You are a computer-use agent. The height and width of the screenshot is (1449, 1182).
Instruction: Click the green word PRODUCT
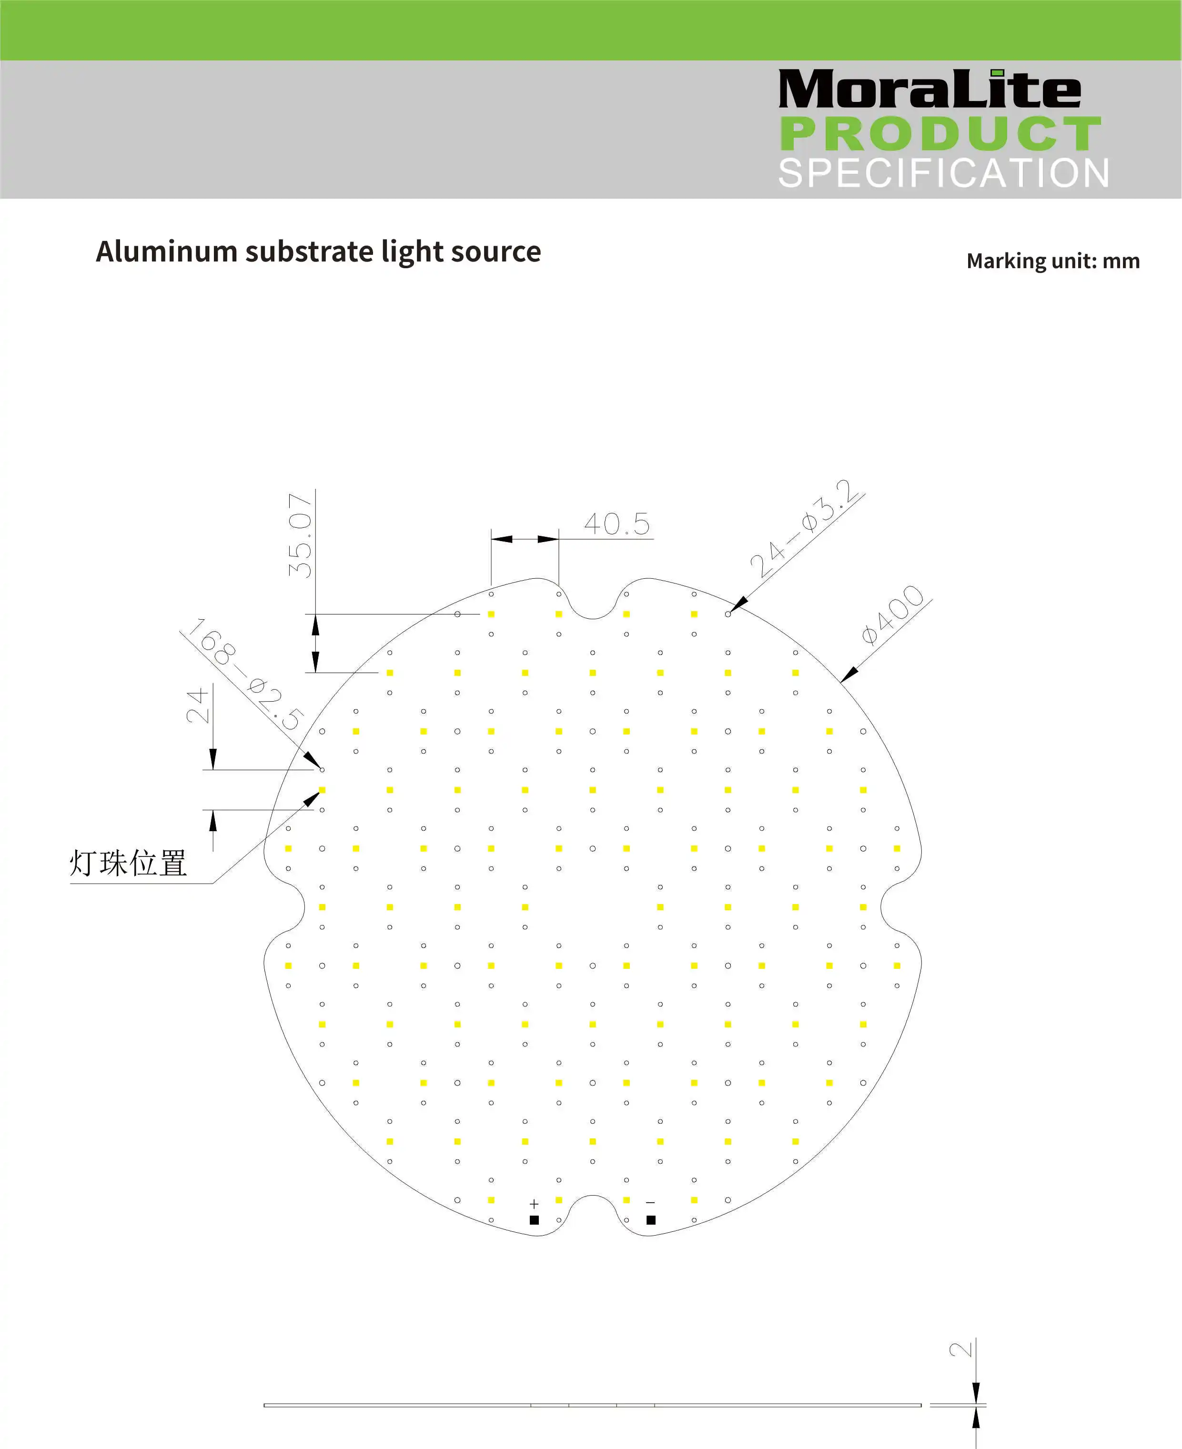pyautogui.click(x=940, y=133)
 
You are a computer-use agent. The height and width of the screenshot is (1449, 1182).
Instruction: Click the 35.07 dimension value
pyautogui.click(x=300, y=535)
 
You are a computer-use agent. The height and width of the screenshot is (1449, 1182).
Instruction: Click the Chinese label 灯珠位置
pyautogui.click(x=128, y=863)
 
